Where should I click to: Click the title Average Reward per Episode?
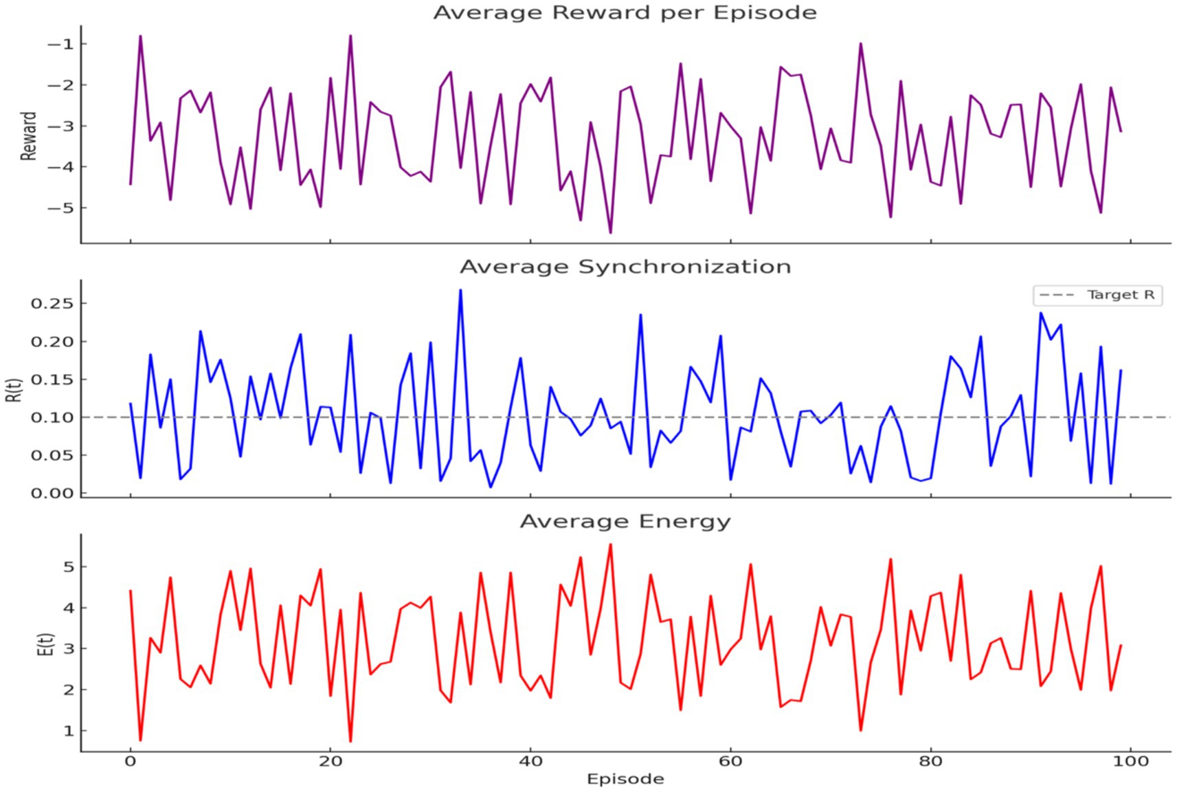coord(625,13)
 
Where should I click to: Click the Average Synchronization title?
coord(625,267)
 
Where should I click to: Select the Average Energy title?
coord(625,521)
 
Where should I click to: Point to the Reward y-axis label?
coord(28,136)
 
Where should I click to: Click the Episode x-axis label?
coord(625,779)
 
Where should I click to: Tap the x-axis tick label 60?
coord(730,761)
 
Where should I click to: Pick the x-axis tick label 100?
coord(1130,761)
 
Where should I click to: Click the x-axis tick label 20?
coord(330,761)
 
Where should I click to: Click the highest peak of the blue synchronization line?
coord(460,290)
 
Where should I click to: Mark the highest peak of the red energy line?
coord(610,544)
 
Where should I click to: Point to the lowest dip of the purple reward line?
coord(610,232)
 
